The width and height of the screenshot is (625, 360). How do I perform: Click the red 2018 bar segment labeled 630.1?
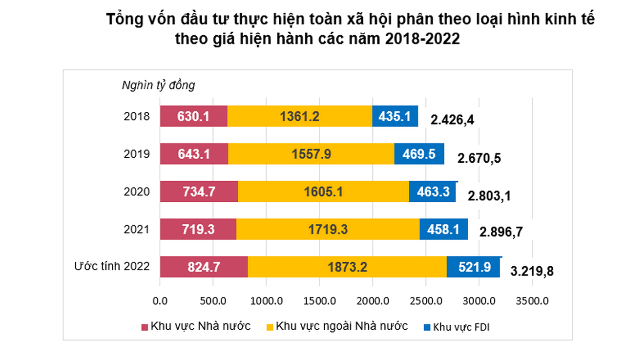(193, 116)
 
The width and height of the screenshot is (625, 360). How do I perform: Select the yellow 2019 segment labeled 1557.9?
(311, 154)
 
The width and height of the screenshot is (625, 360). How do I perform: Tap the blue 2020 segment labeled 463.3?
(433, 191)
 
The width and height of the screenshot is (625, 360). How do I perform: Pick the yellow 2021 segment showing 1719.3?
(328, 229)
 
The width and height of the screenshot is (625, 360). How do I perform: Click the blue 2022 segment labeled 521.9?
(473, 267)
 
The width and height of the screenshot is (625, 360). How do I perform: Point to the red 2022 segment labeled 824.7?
(204, 267)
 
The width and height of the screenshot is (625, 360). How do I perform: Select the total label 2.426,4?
(452, 120)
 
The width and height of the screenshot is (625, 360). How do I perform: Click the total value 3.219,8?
(532, 271)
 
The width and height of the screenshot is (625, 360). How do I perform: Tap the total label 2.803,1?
(489, 196)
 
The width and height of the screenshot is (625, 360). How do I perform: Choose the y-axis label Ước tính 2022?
(112, 266)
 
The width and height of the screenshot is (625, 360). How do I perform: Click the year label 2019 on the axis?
(137, 154)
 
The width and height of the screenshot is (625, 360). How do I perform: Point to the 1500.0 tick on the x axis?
(319, 301)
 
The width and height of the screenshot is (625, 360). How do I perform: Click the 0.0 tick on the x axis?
(160, 301)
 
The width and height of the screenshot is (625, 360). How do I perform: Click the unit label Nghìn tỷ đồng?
(158, 85)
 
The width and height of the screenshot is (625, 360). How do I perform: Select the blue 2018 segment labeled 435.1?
(395, 116)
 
